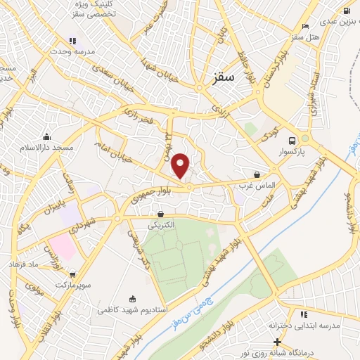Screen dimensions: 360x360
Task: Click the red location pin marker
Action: point(181,166)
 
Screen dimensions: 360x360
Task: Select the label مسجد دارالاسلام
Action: point(47,148)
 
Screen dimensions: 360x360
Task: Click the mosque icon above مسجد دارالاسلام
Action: point(47,136)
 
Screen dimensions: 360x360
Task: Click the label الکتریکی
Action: point(162,226)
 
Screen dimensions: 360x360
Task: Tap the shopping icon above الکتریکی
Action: point(162,214)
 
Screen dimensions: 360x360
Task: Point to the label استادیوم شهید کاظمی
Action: point(131,310)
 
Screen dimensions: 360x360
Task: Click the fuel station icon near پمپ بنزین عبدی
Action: point(347,11)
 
